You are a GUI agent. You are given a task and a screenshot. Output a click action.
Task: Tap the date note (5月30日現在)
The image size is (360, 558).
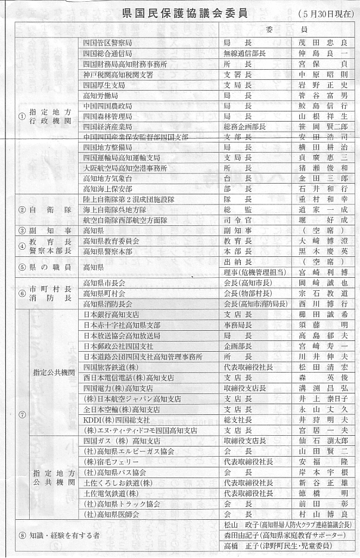[x=325, y=13]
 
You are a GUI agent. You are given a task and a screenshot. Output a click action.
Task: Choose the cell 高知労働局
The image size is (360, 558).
[x=101, y=95]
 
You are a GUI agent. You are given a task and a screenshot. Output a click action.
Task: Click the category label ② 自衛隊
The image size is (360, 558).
[x=45, y=210]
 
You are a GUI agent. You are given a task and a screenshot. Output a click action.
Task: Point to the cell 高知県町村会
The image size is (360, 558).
[x=104, y=293]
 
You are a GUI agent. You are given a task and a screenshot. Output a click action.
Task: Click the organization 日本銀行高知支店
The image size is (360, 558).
[x=111, y=314]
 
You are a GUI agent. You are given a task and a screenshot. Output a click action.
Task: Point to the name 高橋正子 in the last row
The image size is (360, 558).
[x=239, y=545]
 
